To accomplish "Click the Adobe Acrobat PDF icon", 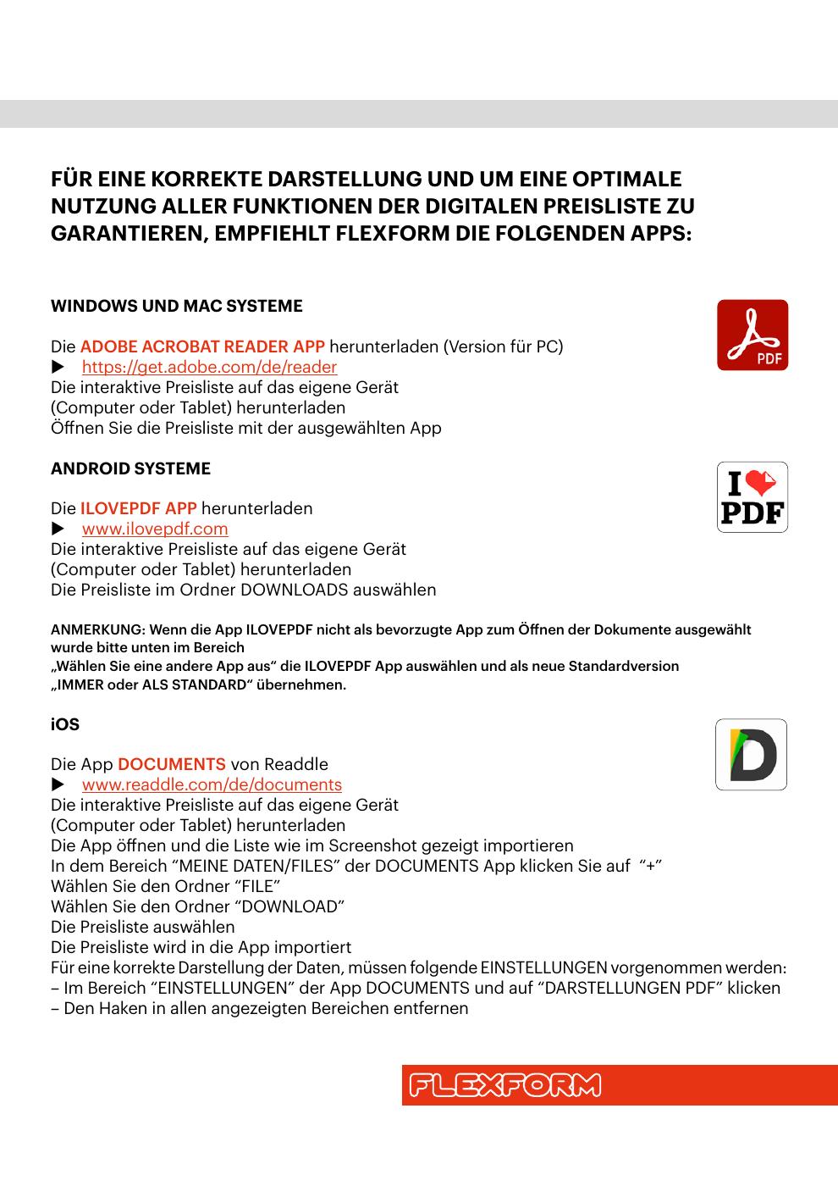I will click(753, 335).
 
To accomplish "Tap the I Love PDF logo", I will click(753, 497).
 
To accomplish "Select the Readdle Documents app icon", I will click(751, 755).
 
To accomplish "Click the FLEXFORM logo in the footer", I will click(505, 1085).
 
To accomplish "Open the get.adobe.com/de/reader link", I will click(209, 367).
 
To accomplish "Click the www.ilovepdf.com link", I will click(155, 529).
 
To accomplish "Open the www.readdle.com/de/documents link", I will click(212, 784).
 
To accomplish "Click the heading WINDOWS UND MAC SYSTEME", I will click(176, 306).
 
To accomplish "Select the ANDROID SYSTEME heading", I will click(130, 468).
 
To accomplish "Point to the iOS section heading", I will click(65, 724).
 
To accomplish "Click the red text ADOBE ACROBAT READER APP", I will click(202, 346).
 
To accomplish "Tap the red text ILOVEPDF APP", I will click(138, 508).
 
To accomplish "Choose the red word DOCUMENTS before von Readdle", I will click(172, 764).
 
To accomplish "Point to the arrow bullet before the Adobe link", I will click(58, 367).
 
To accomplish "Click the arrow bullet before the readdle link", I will click(58, 784).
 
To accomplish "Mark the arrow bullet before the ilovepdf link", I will click(58, 529).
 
